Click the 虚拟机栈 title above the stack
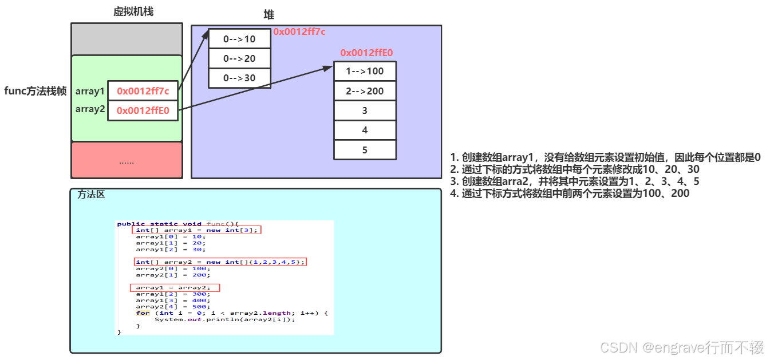tap(133, 12)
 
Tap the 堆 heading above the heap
tap(269, 15)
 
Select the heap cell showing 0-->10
tap(239, 39)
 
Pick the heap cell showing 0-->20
tap(239, 58)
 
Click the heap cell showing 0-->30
tap(239, 78)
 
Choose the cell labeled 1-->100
tap(365, 72)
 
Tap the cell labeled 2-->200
tap(365, 91)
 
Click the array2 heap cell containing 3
tap(365, 110)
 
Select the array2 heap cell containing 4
tap(365, 130)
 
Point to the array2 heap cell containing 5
tap(365, 149)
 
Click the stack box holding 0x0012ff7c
tap(143, 91)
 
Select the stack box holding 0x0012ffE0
tap(143, 110)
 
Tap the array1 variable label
tap(90, 91)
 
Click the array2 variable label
tap(90, 109)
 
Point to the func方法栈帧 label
tap(35, 91)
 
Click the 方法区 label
tap(91, 195)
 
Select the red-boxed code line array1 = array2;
tap(175, 287)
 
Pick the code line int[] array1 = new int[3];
tap(196, 230)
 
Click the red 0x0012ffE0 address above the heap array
tap(366, 53)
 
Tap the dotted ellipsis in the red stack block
tap(127, 162)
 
